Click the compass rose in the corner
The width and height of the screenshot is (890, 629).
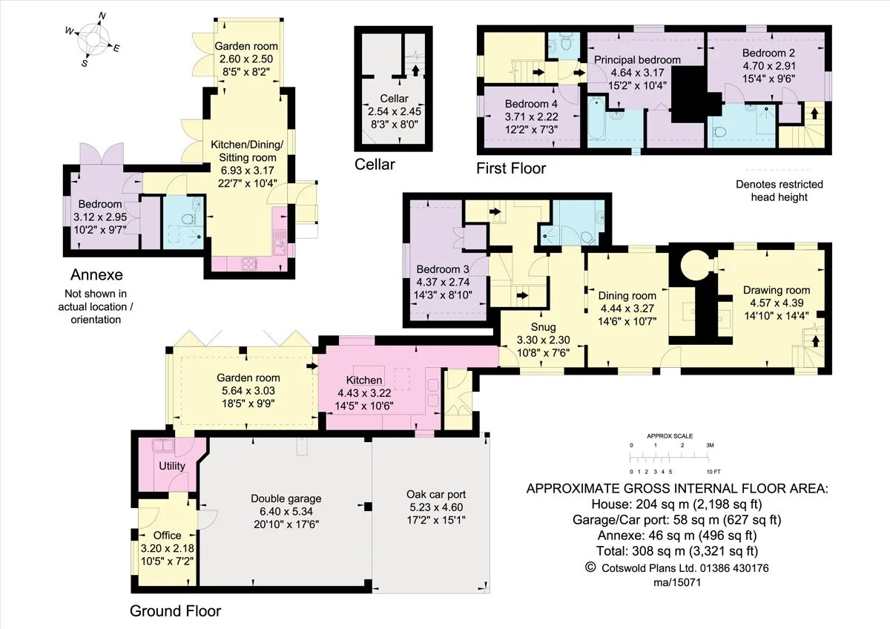[x=93, y=39]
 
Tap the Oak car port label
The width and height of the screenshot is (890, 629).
[x=436, y=507]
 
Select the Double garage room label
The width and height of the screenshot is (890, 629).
[x=286, y=511]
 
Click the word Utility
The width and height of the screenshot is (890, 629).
[x=171, y=466]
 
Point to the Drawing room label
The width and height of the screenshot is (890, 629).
[x=776, y=303]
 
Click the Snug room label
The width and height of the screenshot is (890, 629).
[x=543, y=340]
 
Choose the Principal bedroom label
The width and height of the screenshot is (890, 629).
[x=637, y=72]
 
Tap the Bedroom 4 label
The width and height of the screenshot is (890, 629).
[x=531, y=116]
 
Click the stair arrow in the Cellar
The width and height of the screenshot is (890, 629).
[x=415, y=70]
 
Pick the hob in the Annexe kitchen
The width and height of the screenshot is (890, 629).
[x=248, y=263]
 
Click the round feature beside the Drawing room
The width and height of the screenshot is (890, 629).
[x=694, y=266]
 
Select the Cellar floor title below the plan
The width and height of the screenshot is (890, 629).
[x=375, y=164]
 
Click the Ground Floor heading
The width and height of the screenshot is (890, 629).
[x=175, y=610]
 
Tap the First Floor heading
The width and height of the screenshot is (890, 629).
[x=511, y=168]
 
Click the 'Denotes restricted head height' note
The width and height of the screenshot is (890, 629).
[x=779, y=191]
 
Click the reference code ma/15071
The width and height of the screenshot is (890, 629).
[x=677, y=582]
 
